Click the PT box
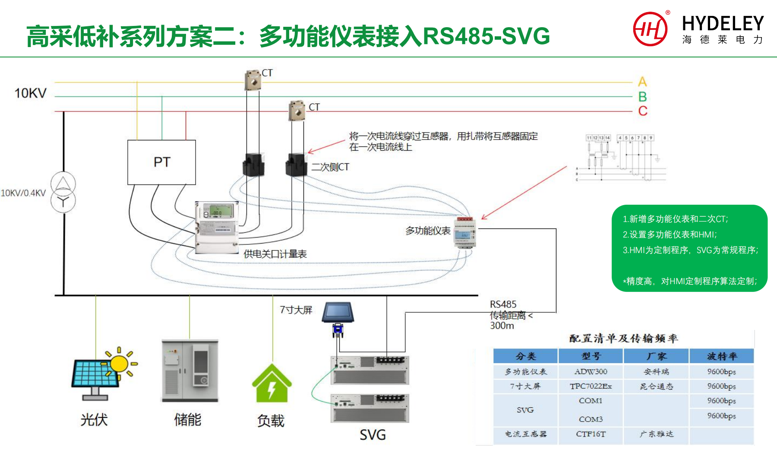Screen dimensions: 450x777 click(161, 162)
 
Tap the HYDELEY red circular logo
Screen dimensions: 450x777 click(650, 29)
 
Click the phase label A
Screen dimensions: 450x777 click(642, 82)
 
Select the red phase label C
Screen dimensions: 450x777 click(643, 111)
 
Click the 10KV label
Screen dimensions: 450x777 click(30, 93)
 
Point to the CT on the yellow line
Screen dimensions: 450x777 click(253, 80)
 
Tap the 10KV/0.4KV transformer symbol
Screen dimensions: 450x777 click(63, 192)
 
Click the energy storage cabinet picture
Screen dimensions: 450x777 click(190, 371)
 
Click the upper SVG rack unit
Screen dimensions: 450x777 click(370, 370)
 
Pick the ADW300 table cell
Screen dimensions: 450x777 click(591, 371)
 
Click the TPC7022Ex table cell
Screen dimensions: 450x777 click(591, 386)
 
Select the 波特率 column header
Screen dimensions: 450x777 click(722, 356)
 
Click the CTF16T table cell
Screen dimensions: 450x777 click(591, 434)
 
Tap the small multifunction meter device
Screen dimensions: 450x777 click(465, 232)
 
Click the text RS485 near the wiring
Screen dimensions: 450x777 click(503, 304)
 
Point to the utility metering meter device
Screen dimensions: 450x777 click(217, 227)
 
